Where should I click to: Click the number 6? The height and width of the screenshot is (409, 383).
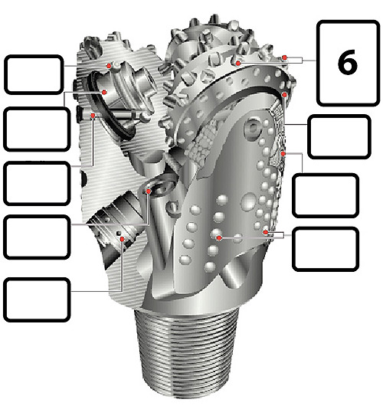(347, 62)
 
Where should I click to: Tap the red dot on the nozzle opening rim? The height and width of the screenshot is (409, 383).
(149, 191)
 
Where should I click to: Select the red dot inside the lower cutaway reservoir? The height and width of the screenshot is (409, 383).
(122, 239)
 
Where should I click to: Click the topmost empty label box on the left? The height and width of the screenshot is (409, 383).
(34, 74)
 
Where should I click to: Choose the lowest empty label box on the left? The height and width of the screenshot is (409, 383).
(37, 300)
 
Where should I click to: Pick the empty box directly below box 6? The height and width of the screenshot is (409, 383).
(339, 136)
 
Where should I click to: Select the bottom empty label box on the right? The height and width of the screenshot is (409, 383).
(326, 249)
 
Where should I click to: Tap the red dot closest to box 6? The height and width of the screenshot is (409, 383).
(285, 57)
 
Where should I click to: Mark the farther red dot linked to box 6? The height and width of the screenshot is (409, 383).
(237, 63)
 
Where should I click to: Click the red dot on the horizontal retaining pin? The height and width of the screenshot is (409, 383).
(93, 116)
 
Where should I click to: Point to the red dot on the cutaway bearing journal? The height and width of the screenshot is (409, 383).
(104, 92)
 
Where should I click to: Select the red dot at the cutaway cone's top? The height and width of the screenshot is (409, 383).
(109, 66)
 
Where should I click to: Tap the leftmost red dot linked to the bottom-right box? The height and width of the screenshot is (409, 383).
(219, 238)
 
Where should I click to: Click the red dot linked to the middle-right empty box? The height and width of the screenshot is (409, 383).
(283, 154)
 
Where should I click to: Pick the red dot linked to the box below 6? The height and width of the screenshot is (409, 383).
(285, 94)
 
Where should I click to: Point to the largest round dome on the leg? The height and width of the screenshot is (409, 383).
(249, 201)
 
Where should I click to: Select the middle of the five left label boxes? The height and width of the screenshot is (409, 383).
(37, 183)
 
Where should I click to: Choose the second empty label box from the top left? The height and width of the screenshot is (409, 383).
(37, 129)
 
